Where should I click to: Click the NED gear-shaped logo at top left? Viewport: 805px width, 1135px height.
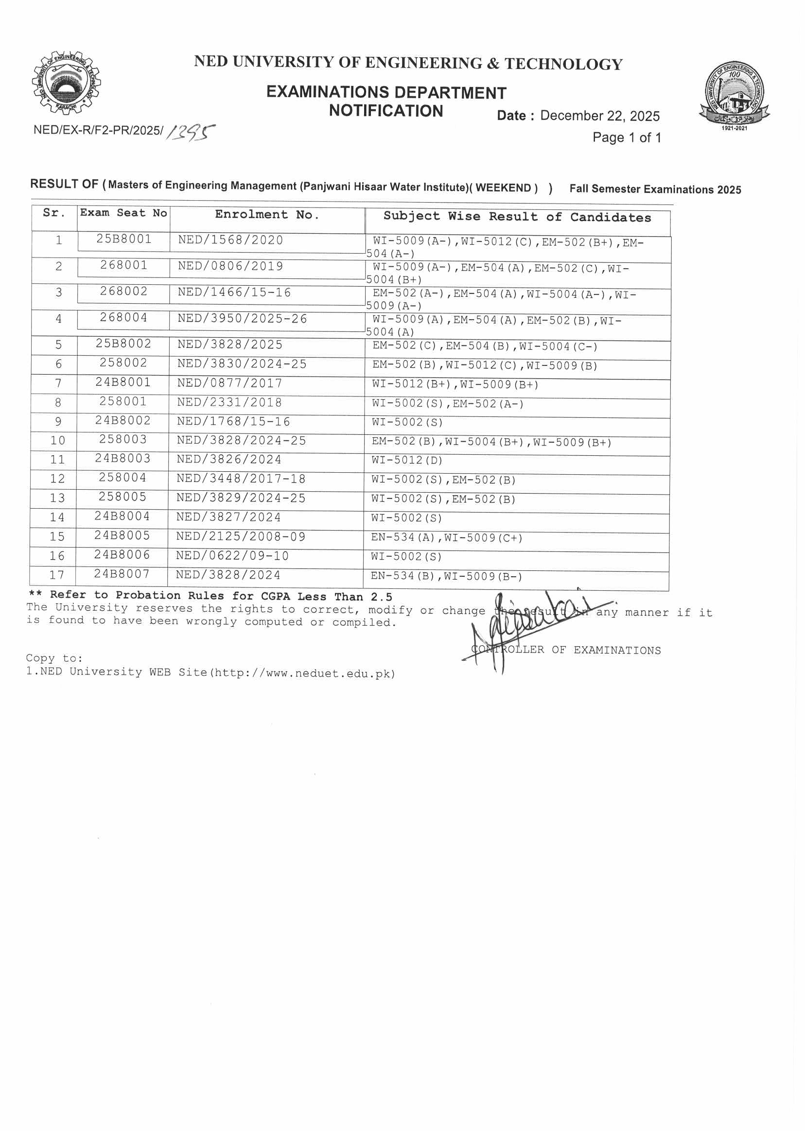click(x=66, y=82)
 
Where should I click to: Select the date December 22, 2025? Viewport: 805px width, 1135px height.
click(x=600, y=116)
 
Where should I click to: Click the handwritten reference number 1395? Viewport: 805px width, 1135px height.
click(x=191, y=132)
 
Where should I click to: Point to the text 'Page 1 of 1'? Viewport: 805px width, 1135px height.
click(x=627, y=138)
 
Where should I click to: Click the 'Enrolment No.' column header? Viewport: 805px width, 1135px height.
click(x=267, y=215)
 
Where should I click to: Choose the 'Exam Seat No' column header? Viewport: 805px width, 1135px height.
click(x=123, y=213)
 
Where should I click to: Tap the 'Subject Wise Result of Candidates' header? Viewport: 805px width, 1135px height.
click(x=517, y=217)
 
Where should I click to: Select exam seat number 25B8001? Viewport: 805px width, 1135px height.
click(x=124, y=239)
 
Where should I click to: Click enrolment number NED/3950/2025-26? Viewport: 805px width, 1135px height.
click(x=243, y=319)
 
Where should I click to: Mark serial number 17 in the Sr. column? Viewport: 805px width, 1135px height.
click(x=57, y=575)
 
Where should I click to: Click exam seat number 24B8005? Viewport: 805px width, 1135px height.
click(x=122, y=536)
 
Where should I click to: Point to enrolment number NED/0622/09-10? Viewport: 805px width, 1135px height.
click(x=232, y=556)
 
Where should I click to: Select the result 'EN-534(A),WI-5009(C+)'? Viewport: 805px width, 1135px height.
click(x=447, y=537)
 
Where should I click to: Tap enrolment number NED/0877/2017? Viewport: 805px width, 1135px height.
click(x=230, y=383)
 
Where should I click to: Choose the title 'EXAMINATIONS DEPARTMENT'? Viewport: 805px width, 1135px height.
click(x=386, y=93)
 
